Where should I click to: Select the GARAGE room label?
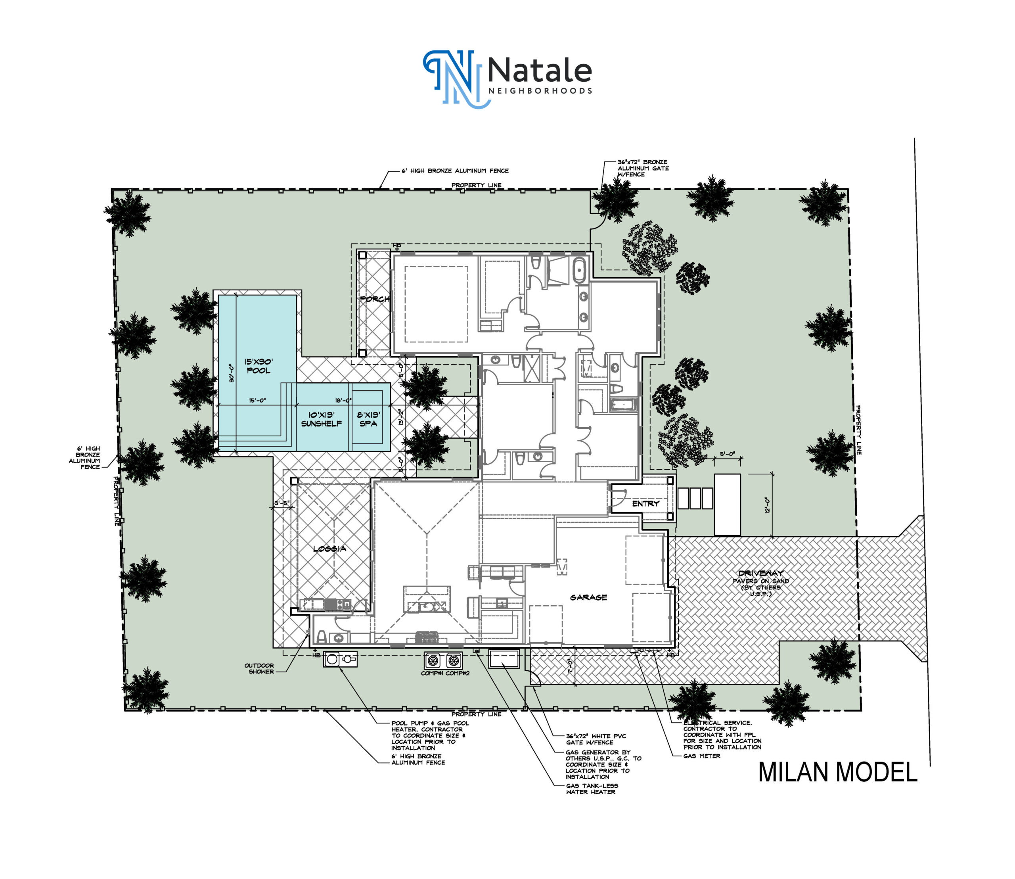pos(588,597)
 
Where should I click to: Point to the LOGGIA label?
pos(329,549)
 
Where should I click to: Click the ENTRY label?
pos(646,504)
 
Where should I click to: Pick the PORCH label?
pos(375,299)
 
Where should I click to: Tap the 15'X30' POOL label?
pos(259,366)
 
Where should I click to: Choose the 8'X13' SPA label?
pos(368,419)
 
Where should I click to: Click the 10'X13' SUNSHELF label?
pos(321,419)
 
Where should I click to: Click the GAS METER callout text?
pos(702,756)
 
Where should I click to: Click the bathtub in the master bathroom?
pos(580,270)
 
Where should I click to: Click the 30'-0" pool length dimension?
pos(231,373)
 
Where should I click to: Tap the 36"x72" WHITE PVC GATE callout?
pos(596,739)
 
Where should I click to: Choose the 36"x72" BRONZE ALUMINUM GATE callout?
pos(643,168)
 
